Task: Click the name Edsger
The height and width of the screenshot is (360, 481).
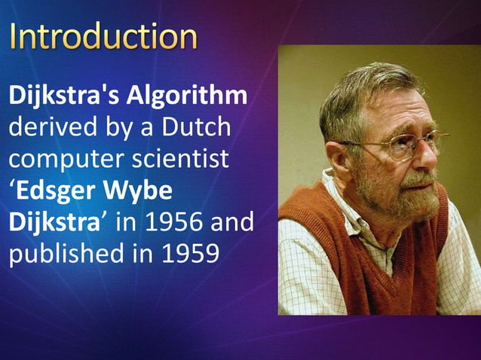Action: pos(61,191)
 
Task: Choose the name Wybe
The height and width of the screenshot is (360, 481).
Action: pos(144,191)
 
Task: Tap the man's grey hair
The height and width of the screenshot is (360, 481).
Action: pos(354,90)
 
